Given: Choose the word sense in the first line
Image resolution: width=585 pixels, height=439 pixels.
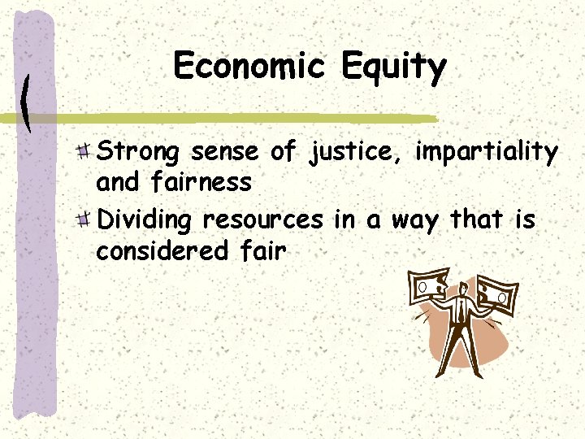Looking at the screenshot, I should [225, 152].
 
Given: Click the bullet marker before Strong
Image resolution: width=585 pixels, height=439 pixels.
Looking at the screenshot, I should [84, 150].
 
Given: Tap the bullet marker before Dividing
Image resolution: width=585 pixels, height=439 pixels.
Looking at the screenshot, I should [84, 219].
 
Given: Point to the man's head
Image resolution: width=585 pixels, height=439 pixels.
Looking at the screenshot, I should [461, 288].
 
